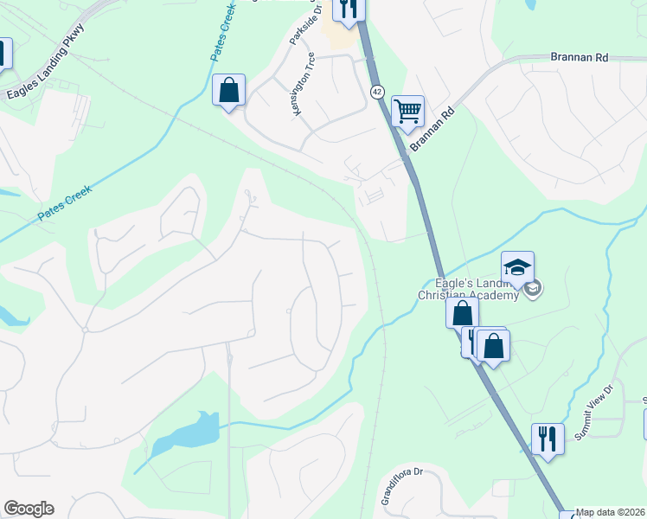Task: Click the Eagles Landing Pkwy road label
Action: [x=42, y=66]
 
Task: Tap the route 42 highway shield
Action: [x=378, y=91]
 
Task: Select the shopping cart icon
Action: [x=407, y=111]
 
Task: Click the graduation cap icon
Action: [x=517, y=266]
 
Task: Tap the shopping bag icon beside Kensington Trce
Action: [x=229, y=90]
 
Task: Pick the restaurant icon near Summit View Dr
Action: [x=547, y=438]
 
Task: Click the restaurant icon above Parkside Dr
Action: [x=349, y=9]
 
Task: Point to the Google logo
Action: [x=29, y=509]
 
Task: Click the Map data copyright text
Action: [x=609, y=512]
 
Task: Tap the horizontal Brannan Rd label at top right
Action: [x=580, y=57]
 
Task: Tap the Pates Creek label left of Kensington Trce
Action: [x=224, y=40]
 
